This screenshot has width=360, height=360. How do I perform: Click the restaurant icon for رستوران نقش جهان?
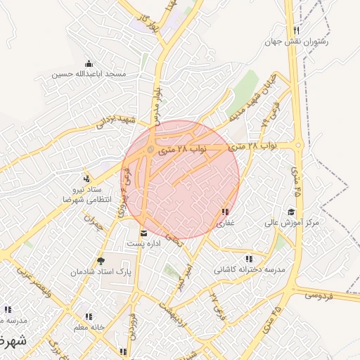[297, 30]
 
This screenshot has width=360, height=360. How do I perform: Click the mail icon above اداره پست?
[143, 233]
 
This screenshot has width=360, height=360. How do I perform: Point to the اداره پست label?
[143, 243]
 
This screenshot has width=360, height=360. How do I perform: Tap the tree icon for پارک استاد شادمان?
[101, 260]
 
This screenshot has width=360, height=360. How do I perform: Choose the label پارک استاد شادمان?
[101, 271]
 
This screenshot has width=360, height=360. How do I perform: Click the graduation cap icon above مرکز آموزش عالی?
[291, 212]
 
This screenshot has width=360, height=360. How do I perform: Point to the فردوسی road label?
[320, 296]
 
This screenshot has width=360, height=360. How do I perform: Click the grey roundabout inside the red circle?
[151, 149]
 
